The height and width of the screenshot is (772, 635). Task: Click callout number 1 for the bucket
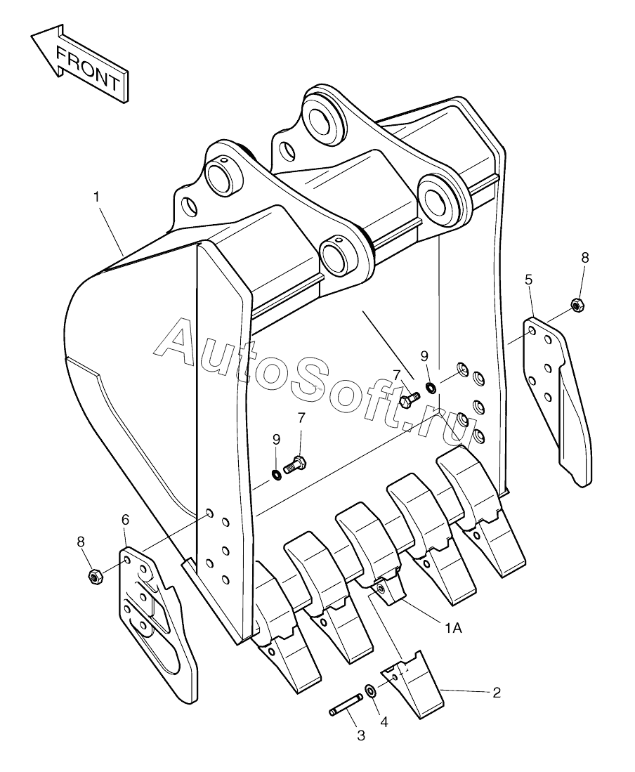pos(96,197)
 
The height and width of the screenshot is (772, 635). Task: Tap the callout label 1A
pos(453,628)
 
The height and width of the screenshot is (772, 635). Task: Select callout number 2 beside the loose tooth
pos(496,692)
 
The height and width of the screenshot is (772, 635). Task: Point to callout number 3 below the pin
pos(361,735)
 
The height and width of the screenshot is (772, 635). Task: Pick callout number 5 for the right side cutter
pos(528,280)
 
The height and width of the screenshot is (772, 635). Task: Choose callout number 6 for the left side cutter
pos(125,519)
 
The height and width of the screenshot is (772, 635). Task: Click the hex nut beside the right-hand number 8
pos(577,306)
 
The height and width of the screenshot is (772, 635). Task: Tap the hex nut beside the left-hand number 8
pos(94,575)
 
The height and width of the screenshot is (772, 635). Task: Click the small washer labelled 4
pos(370,689)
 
